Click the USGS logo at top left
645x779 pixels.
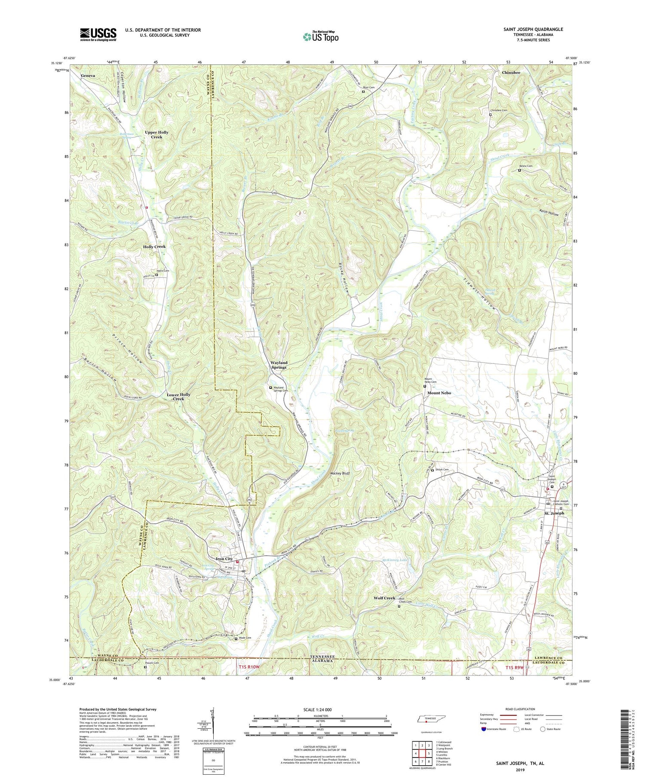pos(98,34)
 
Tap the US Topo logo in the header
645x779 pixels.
pos(321,37)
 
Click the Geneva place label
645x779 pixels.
pos(88,75)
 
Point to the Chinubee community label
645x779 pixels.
pos(511,73)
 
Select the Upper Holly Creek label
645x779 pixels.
pos(154,134)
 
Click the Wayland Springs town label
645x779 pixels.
pos(279,365)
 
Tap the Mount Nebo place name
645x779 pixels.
pos(439,393)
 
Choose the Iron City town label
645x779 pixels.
pos(224,559)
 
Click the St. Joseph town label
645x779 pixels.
pos(554,513)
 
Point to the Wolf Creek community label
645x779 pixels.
pos(384,598)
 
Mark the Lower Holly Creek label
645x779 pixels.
pos(178,397)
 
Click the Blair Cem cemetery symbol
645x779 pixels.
pos(363,92)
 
